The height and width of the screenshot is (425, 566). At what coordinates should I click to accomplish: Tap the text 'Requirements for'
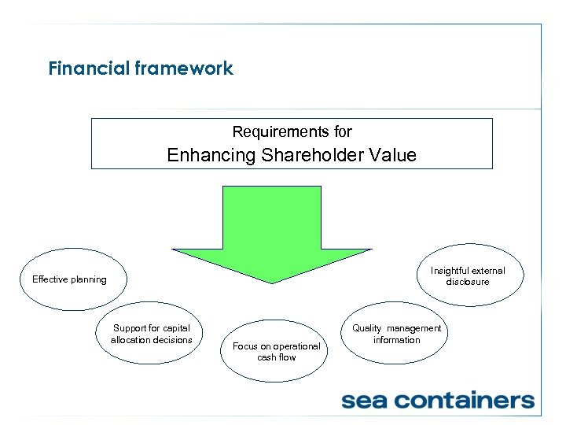(x=292, y=131)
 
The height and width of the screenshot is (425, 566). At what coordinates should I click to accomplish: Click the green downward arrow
(x=272, y=228)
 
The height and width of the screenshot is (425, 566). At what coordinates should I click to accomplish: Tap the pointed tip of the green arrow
(x=272, y=280)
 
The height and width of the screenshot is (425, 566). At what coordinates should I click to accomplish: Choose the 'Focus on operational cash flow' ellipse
(x=276, y=352)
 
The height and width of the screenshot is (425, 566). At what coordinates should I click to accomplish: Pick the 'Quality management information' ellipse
(x=396, y=334)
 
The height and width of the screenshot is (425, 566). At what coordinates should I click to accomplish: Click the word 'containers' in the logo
(x=469, y=401)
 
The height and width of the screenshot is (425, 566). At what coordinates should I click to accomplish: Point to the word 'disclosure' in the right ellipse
(x=468, y=282)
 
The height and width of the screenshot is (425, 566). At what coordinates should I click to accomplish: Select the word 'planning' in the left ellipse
(x=88, y=279)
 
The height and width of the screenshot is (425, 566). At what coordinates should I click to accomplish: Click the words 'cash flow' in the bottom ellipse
(x=277, y=357)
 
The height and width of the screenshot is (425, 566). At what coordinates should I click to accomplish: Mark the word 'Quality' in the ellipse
(x=367, y=328)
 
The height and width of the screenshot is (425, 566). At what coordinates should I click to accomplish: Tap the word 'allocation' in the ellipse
(x=131, y=340)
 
